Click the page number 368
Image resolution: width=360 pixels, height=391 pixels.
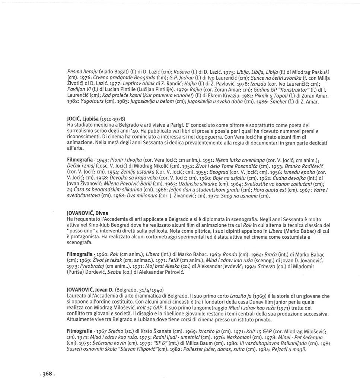(x=47, y=374)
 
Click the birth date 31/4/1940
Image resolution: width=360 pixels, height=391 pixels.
(x=150, y=289)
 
